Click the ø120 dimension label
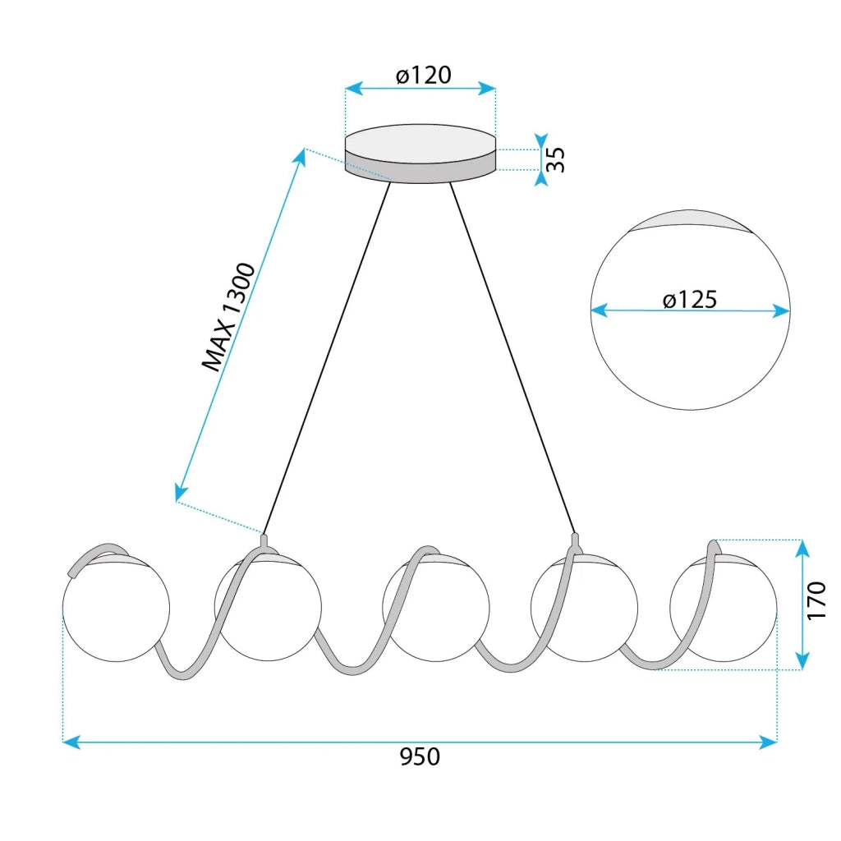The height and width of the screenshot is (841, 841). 423,75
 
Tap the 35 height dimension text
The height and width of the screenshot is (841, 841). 556,159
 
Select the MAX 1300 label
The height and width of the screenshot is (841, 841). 229,316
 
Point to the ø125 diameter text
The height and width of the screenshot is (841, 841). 690,299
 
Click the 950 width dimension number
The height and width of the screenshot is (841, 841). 420,756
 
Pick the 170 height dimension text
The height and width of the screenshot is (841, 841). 816,600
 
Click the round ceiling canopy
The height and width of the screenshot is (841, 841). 420,154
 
